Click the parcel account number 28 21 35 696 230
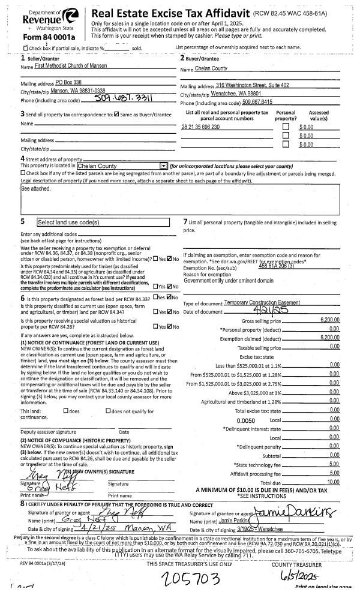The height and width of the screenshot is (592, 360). [x=200, y=127]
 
